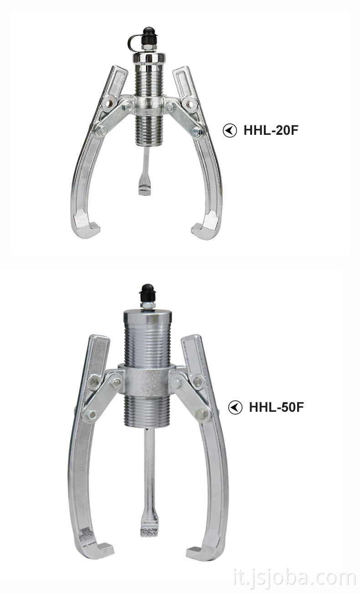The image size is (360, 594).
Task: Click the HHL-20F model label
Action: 271,130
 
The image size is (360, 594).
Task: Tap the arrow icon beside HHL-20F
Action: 230,130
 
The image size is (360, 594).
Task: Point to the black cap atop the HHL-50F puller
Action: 148,293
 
